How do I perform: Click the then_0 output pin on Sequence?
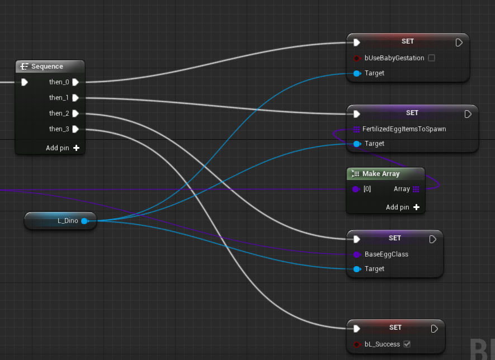[x=75, y=82]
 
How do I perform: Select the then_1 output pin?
[x=75, y=98]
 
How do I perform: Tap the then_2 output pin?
[x=75, y=113]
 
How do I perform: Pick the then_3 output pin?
[x=75, y=129]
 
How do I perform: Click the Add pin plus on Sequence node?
[x=76, y=148]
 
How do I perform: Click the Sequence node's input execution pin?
[x=24, y=82]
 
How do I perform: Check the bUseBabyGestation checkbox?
[x=431, y=58]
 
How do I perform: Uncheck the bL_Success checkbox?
[x=407, y=344]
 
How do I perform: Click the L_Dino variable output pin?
[x=84, y=221]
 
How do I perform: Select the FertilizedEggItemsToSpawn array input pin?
[x=356, y=129]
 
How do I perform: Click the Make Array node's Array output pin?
[x=416, y=189]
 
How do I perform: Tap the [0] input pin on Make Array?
[x=356, y=189]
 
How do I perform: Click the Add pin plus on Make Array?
[x=416, y=207]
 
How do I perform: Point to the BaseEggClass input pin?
[x=356, y=254]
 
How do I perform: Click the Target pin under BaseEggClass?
[x=356, y=269]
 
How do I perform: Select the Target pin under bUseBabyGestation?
[x=356, y=73]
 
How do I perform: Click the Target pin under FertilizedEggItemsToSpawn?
[x=356, y=144]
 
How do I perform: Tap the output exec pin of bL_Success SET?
[x=433, y=329]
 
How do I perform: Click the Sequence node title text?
[x=47, y=67]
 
